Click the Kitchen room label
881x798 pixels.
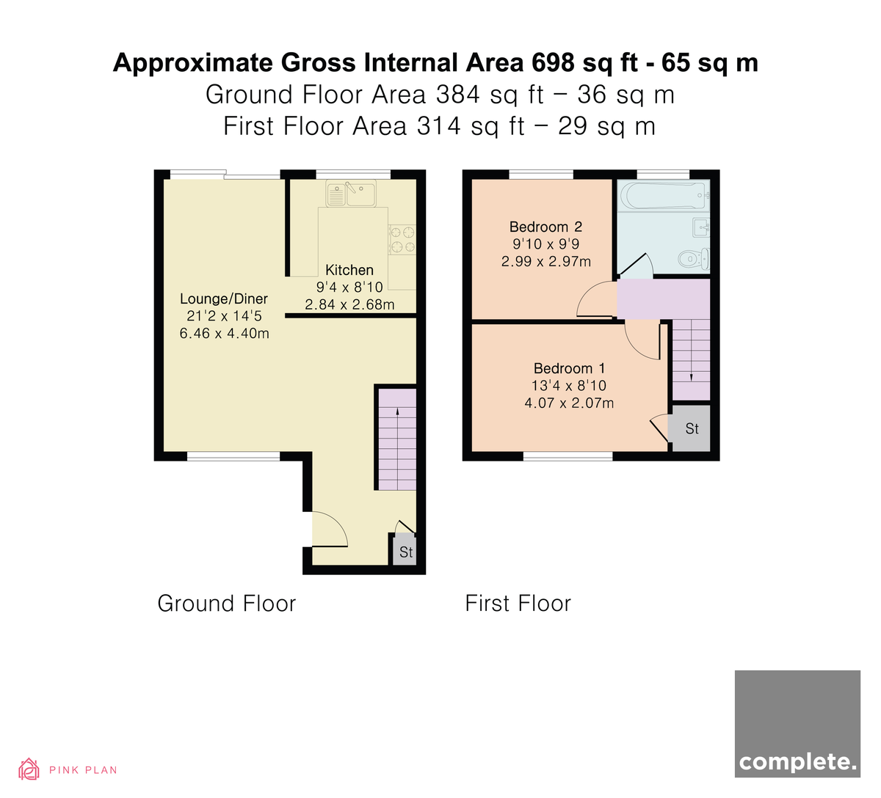click(x=349, y=269)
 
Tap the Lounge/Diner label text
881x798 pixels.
click(x=223, y=299)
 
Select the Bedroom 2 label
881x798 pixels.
click(x=545, y=227)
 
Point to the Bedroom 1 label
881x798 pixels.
click(x=569, y=368)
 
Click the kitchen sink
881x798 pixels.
click(x=351, y=193)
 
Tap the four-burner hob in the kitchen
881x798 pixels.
click(x=402, y=239)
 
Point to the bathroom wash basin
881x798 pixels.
click(x=701, y=227)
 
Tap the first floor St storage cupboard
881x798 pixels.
click(x=692, y=428)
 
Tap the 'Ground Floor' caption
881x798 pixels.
click(x=227, y=603)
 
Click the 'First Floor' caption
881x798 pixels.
click(x=518, y=603)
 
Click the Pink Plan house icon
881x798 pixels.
click(x=29, y=769)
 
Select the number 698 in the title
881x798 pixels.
click(x=553, y=62)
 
